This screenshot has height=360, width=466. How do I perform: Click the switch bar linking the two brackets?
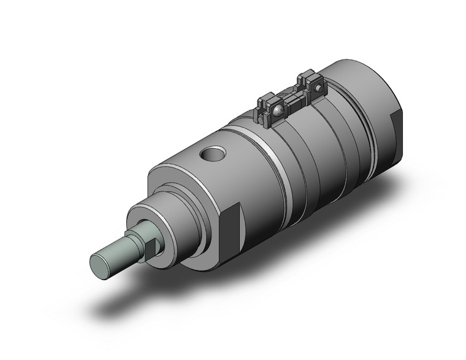[292, 100]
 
